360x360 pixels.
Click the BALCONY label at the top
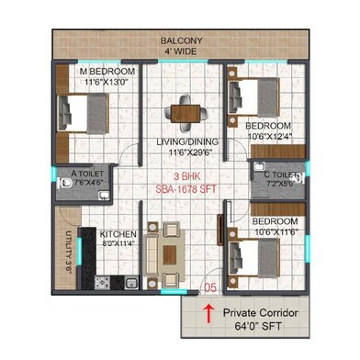pos(182,40)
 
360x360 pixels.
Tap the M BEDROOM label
pos(107,72)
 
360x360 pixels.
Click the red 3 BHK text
pos(186,176)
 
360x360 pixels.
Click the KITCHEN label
pos(118,234)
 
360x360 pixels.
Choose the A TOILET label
pos(88,171)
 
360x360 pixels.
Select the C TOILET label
pos(280,174)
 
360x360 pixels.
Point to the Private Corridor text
pos(260,314)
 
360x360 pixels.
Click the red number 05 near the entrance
pos(210,287)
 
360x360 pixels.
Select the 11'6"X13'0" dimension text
pos(107,83)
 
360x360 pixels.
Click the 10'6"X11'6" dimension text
pos(275,233)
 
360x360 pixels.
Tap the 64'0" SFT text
pos(260,327)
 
